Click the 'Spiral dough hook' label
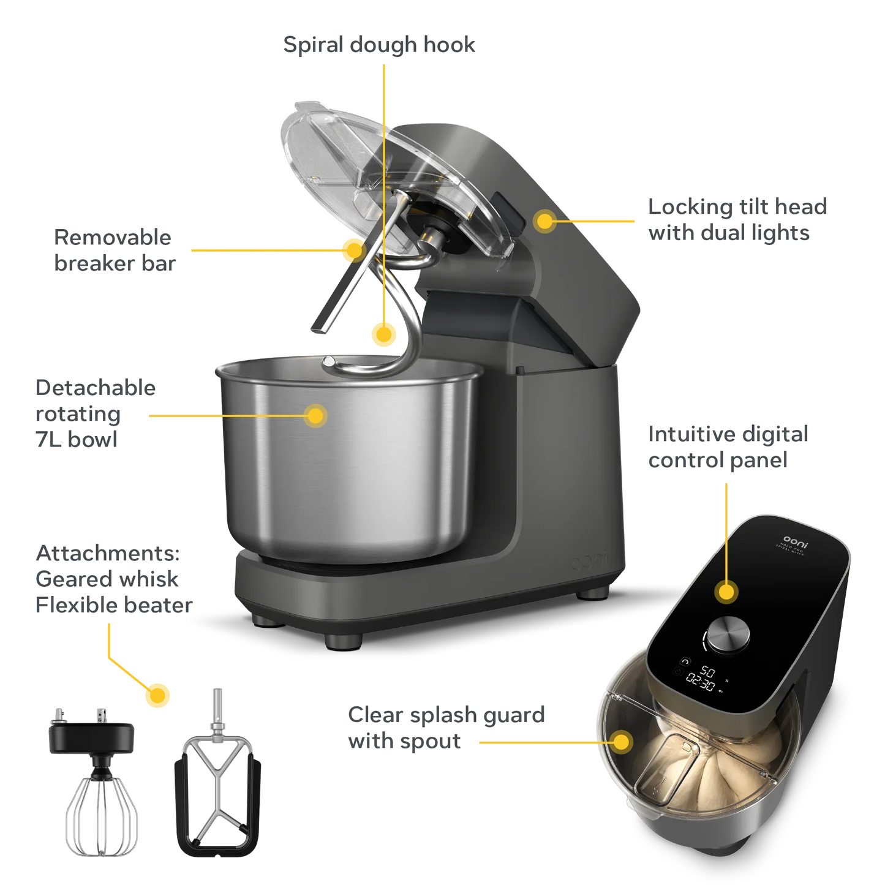pyautogui.click(x=379, y=45)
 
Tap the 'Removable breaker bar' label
pyautogui.click(x=114, y=250)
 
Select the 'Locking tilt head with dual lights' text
pyautogui.click(x=737, y=220)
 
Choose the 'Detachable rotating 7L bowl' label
pyautogui.click(x=95, y=413)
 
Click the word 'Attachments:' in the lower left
pyautogui.click(x=108, y=553)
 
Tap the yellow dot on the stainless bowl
pyautogui.click(x=315, y=416)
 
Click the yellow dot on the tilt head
pyautogui.click(x=544, y=220)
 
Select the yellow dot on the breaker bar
pyautogui.click(x=353, y=250)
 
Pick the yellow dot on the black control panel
pyautogui.click(x=726, y=592)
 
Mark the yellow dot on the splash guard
pyautogui.click(x=622, y=742)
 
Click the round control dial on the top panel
pyautogui.click(x=728, y=635)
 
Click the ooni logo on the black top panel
pyautogui.click(x=796, y=541)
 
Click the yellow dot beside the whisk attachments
pyautogui.click(x=157, y=696)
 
